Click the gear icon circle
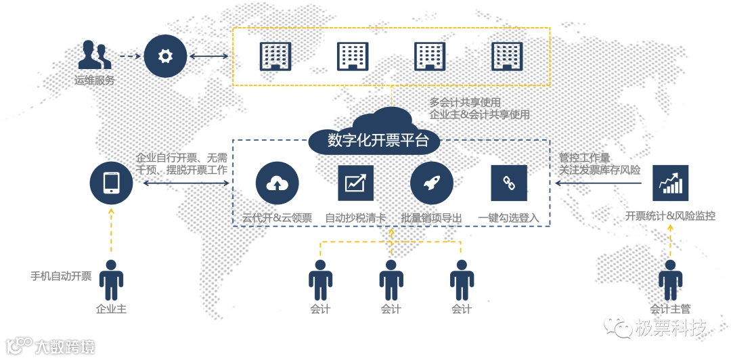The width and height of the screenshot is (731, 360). click(x=165, y=56)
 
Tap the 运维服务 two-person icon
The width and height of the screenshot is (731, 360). click(x=94, y=55)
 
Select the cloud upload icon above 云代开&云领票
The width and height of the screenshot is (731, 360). click(x=277, y=183)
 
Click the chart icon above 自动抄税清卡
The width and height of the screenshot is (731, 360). click(x=356, y=183)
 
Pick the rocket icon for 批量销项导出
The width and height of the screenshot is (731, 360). click(x=431, y=183)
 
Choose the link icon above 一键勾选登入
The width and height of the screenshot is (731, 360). click(x=508, y=183)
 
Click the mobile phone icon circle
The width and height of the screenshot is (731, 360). click(x=111, y=182)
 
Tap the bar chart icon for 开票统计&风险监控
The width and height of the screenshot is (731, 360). click(x=669, y=183)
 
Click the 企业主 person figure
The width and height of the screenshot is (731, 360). click(x=111, y=279)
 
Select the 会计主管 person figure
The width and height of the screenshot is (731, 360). click(x=670, y=279)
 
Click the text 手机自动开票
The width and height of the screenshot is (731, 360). click(x=61, y=276)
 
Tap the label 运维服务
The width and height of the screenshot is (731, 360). click(x=95, y=80)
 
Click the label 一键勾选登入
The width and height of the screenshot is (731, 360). click(x=508, y=217)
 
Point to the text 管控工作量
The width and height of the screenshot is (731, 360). click(x=584, y=158)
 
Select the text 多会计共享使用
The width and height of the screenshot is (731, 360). click(x=465, y=103)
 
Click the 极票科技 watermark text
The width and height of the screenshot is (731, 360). click(x=671, y=329)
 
